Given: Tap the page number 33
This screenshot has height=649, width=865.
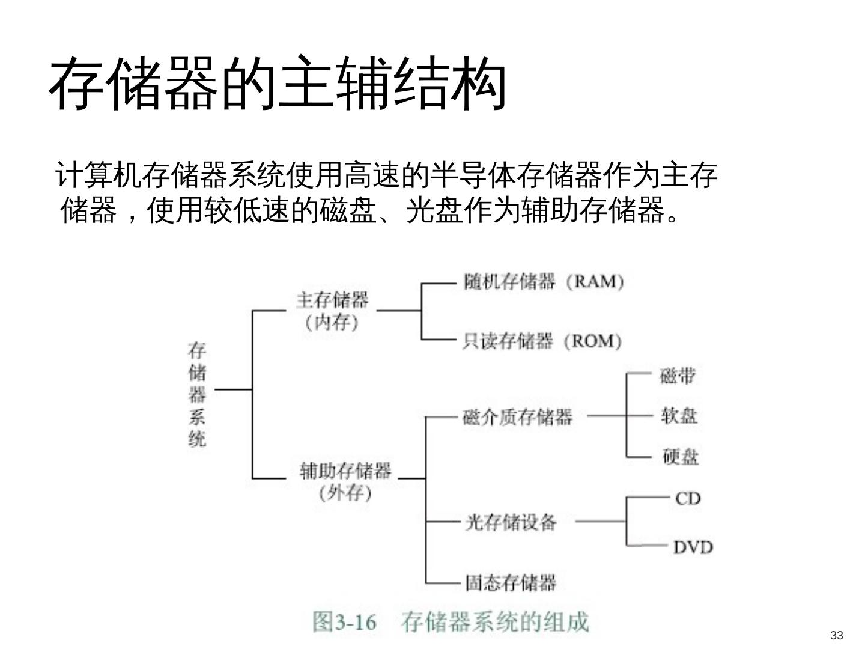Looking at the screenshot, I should tap(836, 635).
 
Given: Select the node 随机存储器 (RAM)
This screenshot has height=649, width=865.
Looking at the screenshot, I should tap(544, 282).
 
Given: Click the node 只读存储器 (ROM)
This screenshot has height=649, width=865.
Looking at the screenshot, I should tap(542, 341).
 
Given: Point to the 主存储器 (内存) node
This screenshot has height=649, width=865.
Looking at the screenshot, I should tap(332, 311).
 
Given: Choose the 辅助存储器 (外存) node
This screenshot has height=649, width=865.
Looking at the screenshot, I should tap(345, 481).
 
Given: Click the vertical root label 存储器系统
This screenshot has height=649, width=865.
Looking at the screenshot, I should tap(197, 394).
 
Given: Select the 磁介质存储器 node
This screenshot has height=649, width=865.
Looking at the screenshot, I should tap(518, 416).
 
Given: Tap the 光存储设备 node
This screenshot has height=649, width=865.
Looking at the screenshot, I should tap(511, 522).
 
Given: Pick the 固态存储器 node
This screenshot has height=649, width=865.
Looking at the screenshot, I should tap(511, 582).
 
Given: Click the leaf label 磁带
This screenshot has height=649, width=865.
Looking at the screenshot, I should tap(678, 376).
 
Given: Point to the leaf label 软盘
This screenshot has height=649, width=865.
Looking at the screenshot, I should tap(679, 415).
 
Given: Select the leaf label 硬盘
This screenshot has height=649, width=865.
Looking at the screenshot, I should tap(681, 457).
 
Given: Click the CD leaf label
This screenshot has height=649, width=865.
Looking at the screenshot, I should tap(688, 498).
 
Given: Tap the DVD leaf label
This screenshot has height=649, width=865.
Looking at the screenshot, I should tap(693, 547).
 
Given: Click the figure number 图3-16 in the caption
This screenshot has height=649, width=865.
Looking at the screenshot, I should tap(344, 621).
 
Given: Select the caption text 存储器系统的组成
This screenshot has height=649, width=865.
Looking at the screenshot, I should tap(495, 621).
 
